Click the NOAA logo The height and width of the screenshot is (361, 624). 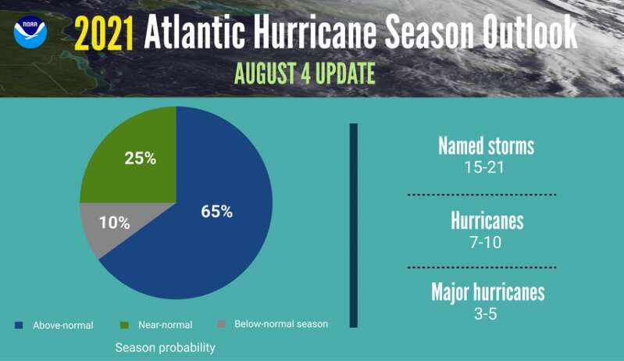30,32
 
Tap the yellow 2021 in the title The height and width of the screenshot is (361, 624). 104,34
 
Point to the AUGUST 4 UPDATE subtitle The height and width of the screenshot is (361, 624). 305,73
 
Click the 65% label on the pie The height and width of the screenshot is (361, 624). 216,211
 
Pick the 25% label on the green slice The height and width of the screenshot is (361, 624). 140,159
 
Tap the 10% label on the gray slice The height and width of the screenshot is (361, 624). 114,223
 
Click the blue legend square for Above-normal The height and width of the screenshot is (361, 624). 19,325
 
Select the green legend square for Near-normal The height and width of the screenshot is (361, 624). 124,325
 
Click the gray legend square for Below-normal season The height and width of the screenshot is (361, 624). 221,324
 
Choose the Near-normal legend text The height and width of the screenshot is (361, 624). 165,325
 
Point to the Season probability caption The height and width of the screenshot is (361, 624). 165,348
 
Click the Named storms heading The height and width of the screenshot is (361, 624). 486,146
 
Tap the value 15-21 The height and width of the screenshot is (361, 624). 484,167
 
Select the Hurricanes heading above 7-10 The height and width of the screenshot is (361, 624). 487,220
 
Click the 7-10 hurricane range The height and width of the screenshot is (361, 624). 486,242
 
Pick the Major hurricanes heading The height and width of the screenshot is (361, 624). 488,292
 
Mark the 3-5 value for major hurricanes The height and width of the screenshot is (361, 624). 486,314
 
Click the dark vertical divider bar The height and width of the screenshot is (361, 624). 353,225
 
